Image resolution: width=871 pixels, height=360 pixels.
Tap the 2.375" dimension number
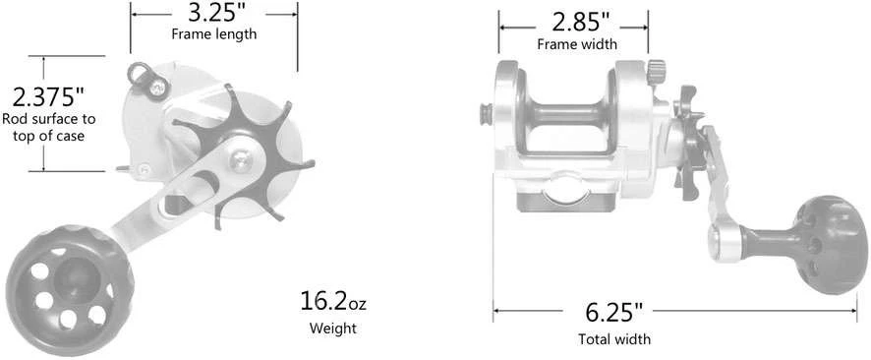48,97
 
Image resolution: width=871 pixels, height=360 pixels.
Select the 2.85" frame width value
577,23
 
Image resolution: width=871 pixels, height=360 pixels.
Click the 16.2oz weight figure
332,301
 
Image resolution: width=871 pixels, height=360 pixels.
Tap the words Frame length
214,33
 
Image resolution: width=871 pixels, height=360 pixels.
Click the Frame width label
577,44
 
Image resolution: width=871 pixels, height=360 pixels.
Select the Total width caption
614,339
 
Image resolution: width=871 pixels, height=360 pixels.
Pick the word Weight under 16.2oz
332,328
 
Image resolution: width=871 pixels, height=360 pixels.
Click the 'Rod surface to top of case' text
49,127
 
